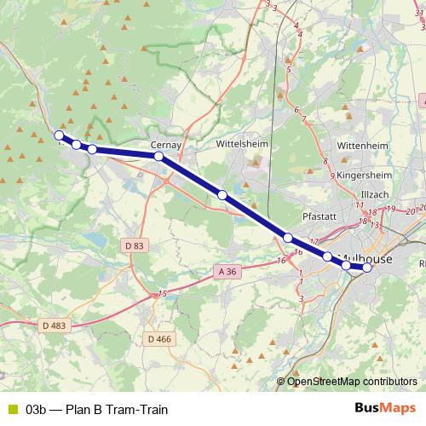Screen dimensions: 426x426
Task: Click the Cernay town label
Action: [x=167, y=145]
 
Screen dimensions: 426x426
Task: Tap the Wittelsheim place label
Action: [x=242, y=144]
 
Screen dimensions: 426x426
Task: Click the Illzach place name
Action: [x=374, y=193]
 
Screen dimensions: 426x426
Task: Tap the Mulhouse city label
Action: [x=366, y=256]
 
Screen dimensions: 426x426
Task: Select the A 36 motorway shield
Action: [x=224, y=271]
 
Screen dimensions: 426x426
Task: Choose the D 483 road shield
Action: [x=54, y=325]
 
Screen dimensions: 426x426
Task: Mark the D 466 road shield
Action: [x=159, y=338]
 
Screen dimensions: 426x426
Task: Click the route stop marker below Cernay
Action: [x=159, y=157]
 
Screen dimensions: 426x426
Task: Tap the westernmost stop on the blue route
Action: [x=59, y=135]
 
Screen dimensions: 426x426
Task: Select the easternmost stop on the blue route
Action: [x=367, y=268]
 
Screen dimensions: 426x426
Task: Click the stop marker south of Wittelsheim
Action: [x=222, y=195]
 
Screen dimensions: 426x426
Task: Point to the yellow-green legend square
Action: [x=12, y=408]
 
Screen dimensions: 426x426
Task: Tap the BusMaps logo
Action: [x=384, y=408]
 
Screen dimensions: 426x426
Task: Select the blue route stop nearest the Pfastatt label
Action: [x=288, y=238]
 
